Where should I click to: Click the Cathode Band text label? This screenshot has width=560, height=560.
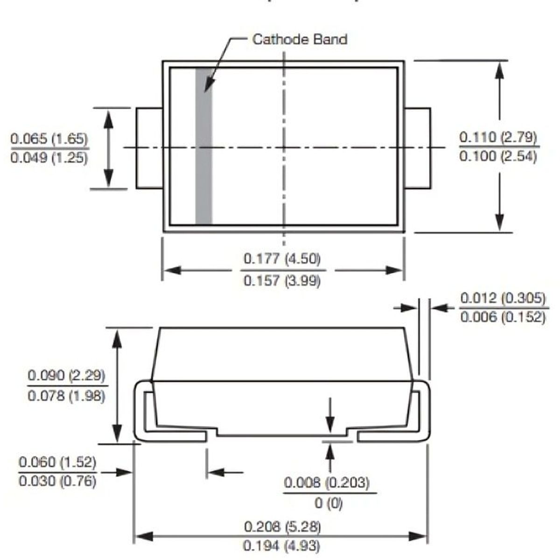pos(300,39)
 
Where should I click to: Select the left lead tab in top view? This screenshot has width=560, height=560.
pos(149,148)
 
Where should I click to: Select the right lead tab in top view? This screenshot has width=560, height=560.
pos(417,148)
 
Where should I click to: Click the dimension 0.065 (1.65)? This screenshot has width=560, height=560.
pos(49,139)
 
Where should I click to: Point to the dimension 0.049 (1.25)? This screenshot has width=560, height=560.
pos(49,158)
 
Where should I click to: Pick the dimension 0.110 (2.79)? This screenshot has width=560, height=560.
pos(498,137)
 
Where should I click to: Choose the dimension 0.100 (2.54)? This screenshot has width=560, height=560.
pos(498,156)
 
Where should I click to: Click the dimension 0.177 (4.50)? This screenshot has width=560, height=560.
pos(282,259)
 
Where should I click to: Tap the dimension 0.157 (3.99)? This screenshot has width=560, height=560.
pos(282,280)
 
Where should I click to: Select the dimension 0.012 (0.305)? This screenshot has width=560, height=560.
pos(503,298)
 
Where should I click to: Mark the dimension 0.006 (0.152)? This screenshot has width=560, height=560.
pos(503,317)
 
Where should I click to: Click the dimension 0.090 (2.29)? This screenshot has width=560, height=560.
pos(66,375)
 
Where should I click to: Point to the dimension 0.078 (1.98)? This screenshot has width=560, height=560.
pos(66,396)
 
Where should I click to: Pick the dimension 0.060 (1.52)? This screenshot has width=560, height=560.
pos(57,462)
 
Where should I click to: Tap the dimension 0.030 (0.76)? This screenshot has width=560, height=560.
pos(57,481)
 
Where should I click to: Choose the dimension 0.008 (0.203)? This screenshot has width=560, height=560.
pos(327,483)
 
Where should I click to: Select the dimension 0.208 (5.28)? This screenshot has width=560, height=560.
pos(282,527)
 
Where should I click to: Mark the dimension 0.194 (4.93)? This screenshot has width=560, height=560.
pos(282,546)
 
